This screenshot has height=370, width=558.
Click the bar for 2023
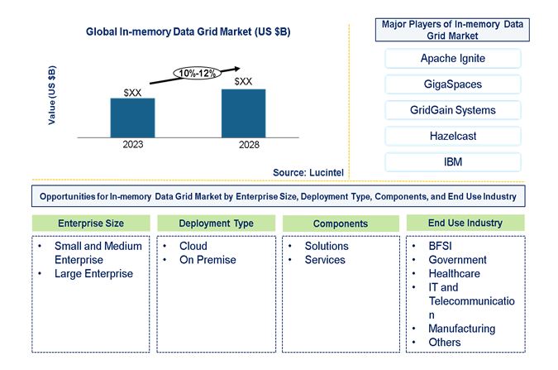[x=132, y=117]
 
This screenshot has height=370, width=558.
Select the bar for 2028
[x=244, y=113]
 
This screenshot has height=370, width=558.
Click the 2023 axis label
[x=133, y=145]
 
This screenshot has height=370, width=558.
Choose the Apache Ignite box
[x=452, y=58]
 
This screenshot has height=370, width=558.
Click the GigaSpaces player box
[x=452, y=84]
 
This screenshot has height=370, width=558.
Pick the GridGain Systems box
[x=452, y=110]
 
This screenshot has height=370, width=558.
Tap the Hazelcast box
[x=452, y=136]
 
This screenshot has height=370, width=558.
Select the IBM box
[x=452, y=161]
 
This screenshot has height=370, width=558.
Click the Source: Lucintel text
[x=308, y=172]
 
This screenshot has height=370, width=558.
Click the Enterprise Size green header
[x=91, y=223]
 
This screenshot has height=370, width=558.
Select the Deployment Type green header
[x=215, y=223]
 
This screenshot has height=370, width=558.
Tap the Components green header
[x=340, y=223]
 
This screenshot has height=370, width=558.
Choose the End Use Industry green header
[x=465, y=223]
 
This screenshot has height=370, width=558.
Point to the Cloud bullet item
[x=193, y=246]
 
